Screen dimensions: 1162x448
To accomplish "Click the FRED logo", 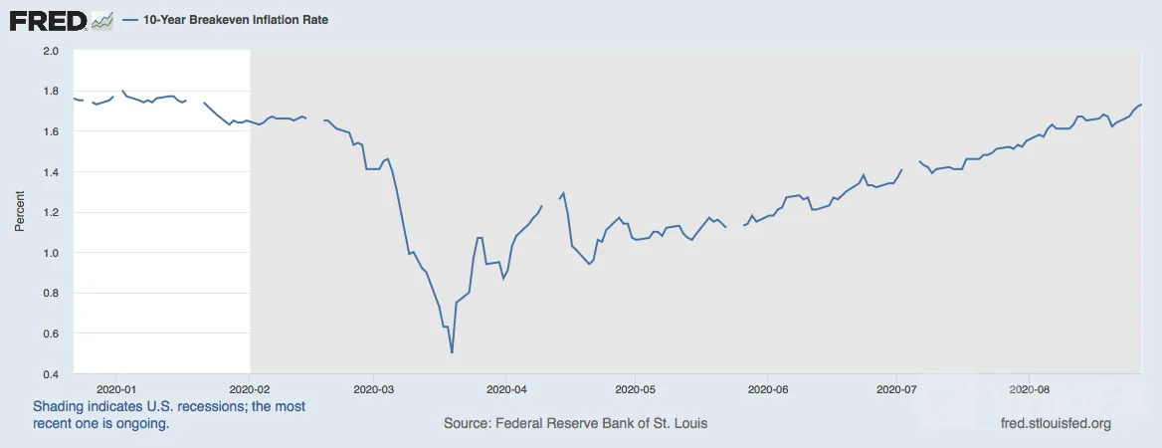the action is [48, 21].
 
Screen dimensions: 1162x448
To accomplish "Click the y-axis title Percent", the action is [20, 212].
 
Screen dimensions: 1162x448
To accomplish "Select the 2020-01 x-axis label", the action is [114, 387].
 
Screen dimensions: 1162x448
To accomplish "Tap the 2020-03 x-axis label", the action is [374, 387].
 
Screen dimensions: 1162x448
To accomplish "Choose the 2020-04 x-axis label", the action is [505, 387].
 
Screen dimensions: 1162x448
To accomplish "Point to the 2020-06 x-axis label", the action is [767, 387].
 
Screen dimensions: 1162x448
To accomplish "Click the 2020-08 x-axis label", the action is [1028, 387].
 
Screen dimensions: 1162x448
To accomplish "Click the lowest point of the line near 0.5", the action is [452, 352].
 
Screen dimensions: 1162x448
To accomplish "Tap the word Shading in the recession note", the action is [57, 407].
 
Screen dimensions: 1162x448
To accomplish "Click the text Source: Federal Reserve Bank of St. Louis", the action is [575, 424].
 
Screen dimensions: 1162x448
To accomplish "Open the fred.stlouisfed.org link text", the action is [1056, 424].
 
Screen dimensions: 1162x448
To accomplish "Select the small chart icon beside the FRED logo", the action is [102, 22].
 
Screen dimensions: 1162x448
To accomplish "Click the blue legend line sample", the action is [130, 21].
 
